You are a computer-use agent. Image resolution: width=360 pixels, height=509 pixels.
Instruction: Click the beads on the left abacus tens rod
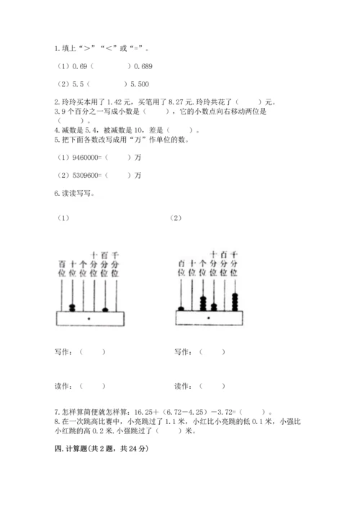72,308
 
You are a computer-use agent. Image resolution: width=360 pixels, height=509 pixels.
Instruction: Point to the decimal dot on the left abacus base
89,317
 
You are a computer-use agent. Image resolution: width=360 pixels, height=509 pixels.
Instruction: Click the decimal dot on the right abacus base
207,317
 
